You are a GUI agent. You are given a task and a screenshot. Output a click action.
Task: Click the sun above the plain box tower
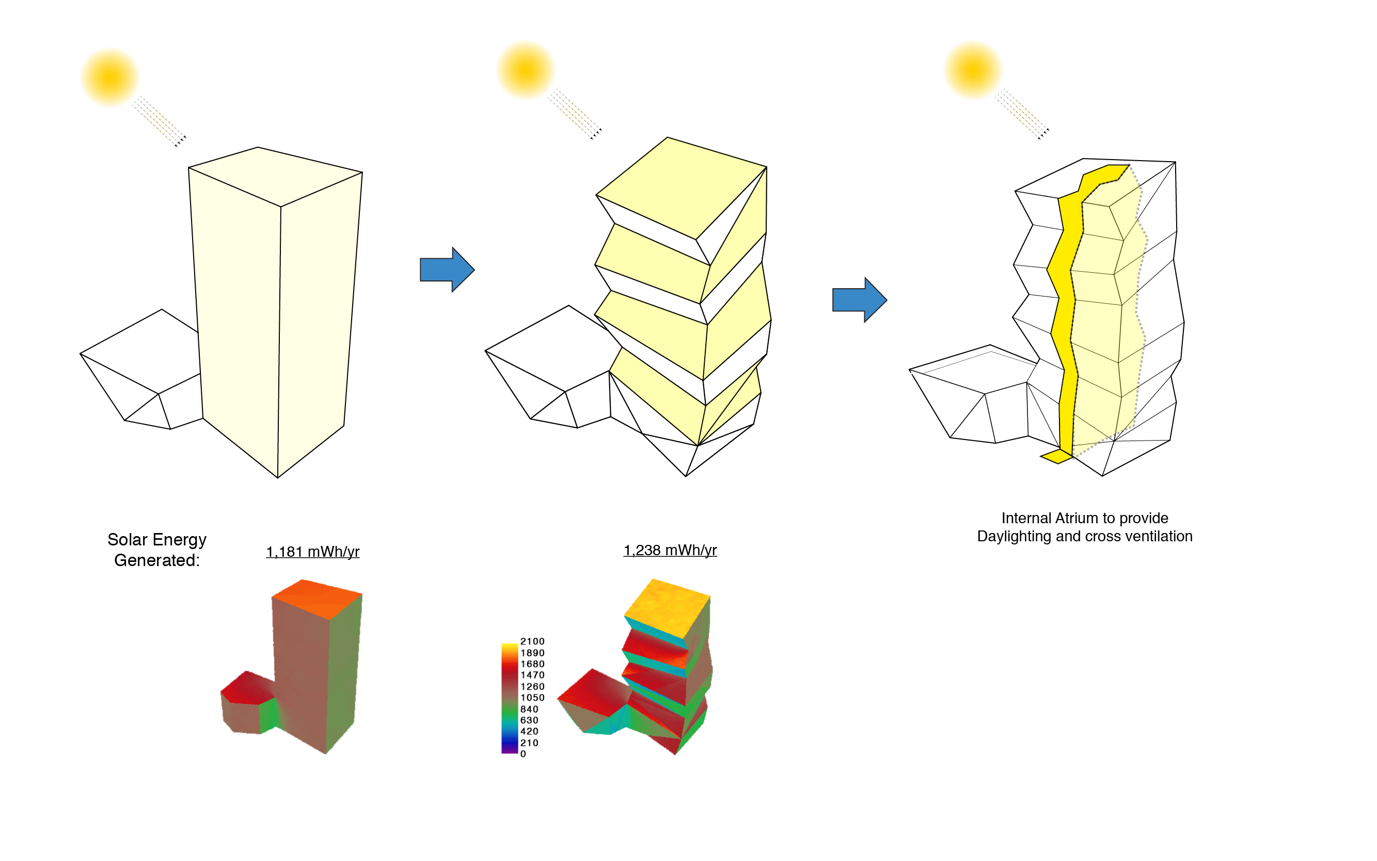click(110, 77)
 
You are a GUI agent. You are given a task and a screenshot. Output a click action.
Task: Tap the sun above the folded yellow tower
click(526, 70)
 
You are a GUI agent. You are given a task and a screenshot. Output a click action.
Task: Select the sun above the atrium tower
click(973, 70)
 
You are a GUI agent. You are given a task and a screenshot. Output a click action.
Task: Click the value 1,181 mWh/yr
click(312, 551)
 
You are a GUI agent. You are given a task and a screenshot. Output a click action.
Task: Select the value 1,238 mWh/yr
click(670, 550)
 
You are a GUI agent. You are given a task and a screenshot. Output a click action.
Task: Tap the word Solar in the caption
click(127, 539)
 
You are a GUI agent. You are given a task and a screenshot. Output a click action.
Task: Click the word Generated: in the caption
click(157, 560)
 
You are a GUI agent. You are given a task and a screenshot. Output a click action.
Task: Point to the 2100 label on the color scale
click(532, 641)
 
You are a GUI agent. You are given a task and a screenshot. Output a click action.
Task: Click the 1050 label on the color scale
click(532, 698)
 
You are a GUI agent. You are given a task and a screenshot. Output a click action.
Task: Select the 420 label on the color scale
click(529, 731)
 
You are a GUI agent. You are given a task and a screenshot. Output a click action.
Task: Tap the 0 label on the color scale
click(523, 754)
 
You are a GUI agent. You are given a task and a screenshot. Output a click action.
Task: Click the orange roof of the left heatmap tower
click(316, 599)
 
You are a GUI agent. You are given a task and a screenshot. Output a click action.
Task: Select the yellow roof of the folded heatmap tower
click(667, 608)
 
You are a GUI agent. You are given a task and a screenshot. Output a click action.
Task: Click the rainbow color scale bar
click(510, 698)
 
